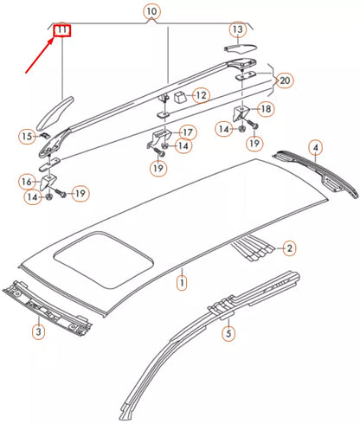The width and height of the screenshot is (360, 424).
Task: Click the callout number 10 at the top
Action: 152,11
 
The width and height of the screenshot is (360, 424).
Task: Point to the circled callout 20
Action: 286,81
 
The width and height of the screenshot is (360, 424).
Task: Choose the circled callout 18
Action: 266,109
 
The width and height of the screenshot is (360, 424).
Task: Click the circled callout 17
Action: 187,132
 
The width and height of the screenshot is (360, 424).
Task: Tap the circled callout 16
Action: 26,182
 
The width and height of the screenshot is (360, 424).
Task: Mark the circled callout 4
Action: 317,148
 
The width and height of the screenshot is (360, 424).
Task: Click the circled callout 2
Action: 290,248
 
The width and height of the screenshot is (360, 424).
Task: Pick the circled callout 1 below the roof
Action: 182,282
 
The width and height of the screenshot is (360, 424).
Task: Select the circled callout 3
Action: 38,331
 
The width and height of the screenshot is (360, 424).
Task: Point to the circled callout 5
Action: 228,331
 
